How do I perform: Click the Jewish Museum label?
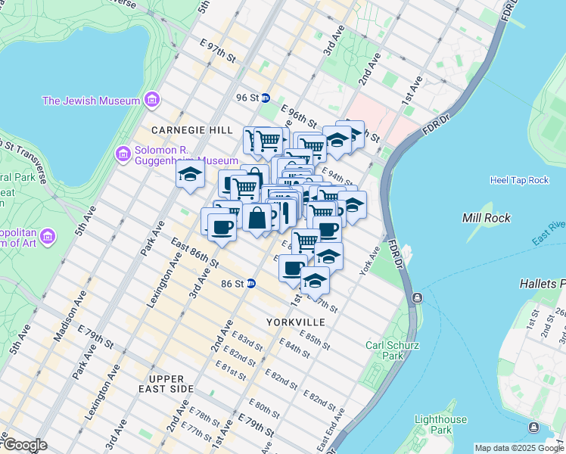[x=91, y=101]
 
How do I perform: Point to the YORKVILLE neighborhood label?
[x=295, y=322]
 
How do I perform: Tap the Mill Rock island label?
[x=486, y=218]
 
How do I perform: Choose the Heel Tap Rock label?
[x=518, y=180]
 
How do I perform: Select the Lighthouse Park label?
[x=440, y=425]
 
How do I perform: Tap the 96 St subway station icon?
[x=266, y=98]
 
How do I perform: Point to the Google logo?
[x=25, y=445]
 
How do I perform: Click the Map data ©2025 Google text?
[x=519, y=448]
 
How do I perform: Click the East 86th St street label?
[x=194, y=253]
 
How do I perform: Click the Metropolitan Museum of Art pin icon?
[x=47, y=237]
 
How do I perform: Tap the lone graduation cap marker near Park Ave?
[x=189, y=175]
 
